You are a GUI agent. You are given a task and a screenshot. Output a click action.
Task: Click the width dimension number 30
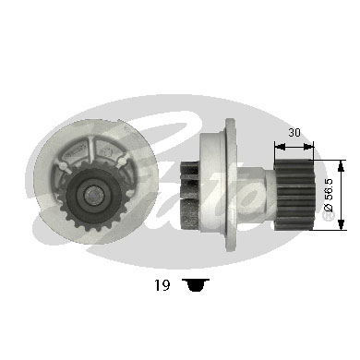tap(294, 132)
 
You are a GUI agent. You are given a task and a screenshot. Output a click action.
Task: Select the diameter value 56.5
tap(330, 196)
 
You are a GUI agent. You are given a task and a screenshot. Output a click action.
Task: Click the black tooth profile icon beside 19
tap(194, 285)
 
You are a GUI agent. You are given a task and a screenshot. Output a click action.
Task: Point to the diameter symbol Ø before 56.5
tap(330, 214)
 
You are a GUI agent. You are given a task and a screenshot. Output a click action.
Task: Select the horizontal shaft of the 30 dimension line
tap(294, 143)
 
